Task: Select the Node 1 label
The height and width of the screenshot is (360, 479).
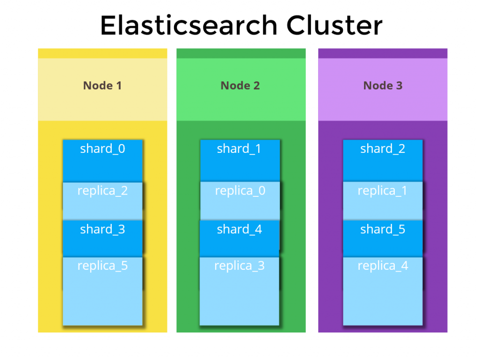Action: (102, 86)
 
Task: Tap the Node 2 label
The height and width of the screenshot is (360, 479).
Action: (240, 86)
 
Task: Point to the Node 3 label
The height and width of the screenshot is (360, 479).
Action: (383, 86)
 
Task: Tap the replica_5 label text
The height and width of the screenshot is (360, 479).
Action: (102, 266)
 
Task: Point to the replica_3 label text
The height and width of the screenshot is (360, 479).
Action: (239, 266)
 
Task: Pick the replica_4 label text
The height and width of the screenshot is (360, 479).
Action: (383, 266)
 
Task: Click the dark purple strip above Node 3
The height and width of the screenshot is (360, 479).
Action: (383, 53)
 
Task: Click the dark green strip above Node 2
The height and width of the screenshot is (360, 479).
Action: (241, 53)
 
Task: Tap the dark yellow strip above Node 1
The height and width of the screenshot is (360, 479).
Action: (102, 53)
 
